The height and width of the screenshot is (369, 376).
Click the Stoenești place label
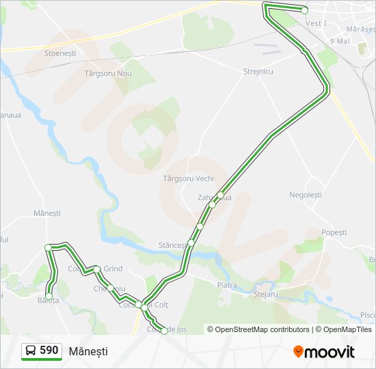tap(59, 53)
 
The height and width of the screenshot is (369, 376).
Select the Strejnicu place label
tap(258, 71)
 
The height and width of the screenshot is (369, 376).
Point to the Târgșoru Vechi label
tap(189, 178)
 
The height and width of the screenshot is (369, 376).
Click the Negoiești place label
tap(305, 195)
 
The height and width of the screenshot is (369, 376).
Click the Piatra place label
tap(226, 285)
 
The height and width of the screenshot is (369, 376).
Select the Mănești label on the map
tap(47, 214)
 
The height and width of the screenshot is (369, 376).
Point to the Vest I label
tap(316, 23)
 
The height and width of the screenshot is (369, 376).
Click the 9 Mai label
tap(340, 41)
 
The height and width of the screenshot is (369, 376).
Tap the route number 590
tap(49, 351)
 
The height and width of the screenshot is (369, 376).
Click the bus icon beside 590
tap(31, 351)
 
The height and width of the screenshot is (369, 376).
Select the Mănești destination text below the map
tap(88, 351)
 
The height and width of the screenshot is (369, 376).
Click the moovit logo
tap(324, 351)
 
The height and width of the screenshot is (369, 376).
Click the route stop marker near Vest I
tap(305, 10)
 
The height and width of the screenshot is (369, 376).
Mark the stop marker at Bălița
tap(49, 296)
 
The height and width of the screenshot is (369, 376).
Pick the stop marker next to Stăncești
tap(191, 242)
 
